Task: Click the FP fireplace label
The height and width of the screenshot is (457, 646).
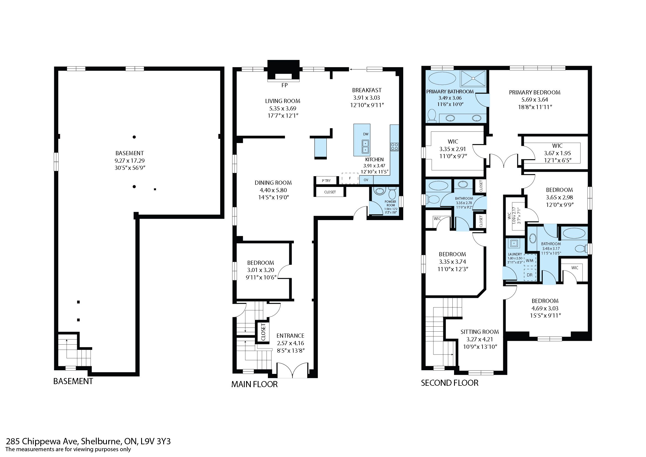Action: coord(284,85)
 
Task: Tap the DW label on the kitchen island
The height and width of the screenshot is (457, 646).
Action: coord(366,134)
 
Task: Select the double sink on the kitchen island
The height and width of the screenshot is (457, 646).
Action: coord(366,147)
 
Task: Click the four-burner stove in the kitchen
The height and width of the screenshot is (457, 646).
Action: coord(394,147)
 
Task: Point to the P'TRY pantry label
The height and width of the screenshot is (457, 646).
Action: coord(326,181)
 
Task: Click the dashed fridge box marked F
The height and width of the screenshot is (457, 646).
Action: coord(350,178)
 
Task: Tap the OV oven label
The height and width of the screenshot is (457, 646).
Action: coord(366,180)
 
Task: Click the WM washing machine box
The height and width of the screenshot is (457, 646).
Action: coord(529,260)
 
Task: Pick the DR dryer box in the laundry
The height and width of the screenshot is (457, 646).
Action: coord(529,275)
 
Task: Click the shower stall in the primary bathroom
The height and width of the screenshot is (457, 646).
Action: coord(473,78)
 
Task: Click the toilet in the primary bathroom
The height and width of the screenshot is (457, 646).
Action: coord(431,116)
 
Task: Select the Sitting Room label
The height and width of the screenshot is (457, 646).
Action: coord(480,332)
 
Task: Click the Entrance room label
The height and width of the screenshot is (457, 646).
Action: coord(290,336)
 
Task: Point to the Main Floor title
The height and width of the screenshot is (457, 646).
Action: coord(254,384)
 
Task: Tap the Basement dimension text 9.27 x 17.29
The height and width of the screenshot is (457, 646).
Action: coord(130,161)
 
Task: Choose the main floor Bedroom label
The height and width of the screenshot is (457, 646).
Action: coord(260,263)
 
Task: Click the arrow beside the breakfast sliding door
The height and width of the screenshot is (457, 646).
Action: coord(357,69)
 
